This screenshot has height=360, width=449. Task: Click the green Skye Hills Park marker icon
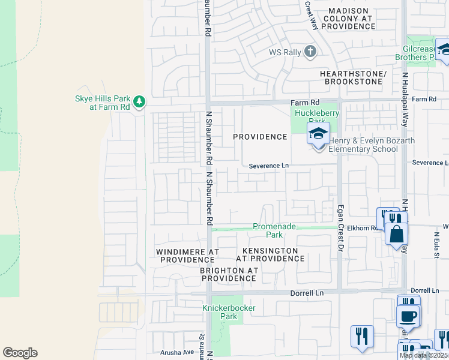pyautogui.click(x=139, y=101)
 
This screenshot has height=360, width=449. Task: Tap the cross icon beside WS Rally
pyautogui.click(x=310, y=52)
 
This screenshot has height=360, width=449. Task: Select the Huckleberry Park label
pyautogui.click(x=316, y=117)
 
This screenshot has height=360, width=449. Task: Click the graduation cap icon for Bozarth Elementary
pyautogui.click(x=318, y=134)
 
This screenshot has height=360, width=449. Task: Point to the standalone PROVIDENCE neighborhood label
pyautogui.click(x=260, y=137)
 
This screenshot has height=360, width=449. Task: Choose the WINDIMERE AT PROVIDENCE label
pyautogui.click(x=185, y=256)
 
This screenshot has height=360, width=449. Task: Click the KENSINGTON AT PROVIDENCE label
pyautogui.click(x=270, y=254)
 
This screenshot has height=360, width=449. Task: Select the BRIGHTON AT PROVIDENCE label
pyautogui.click(x=229, y=275)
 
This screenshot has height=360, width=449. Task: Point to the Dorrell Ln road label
pyautogui.click(x=307, y=293)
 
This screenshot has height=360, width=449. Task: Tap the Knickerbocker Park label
pyautogui.click(x=229, y=312)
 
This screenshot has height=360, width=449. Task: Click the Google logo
pyautogui.click(x=20, y=353)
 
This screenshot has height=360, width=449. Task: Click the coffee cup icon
pyautogui.click(x=408, y=316)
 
